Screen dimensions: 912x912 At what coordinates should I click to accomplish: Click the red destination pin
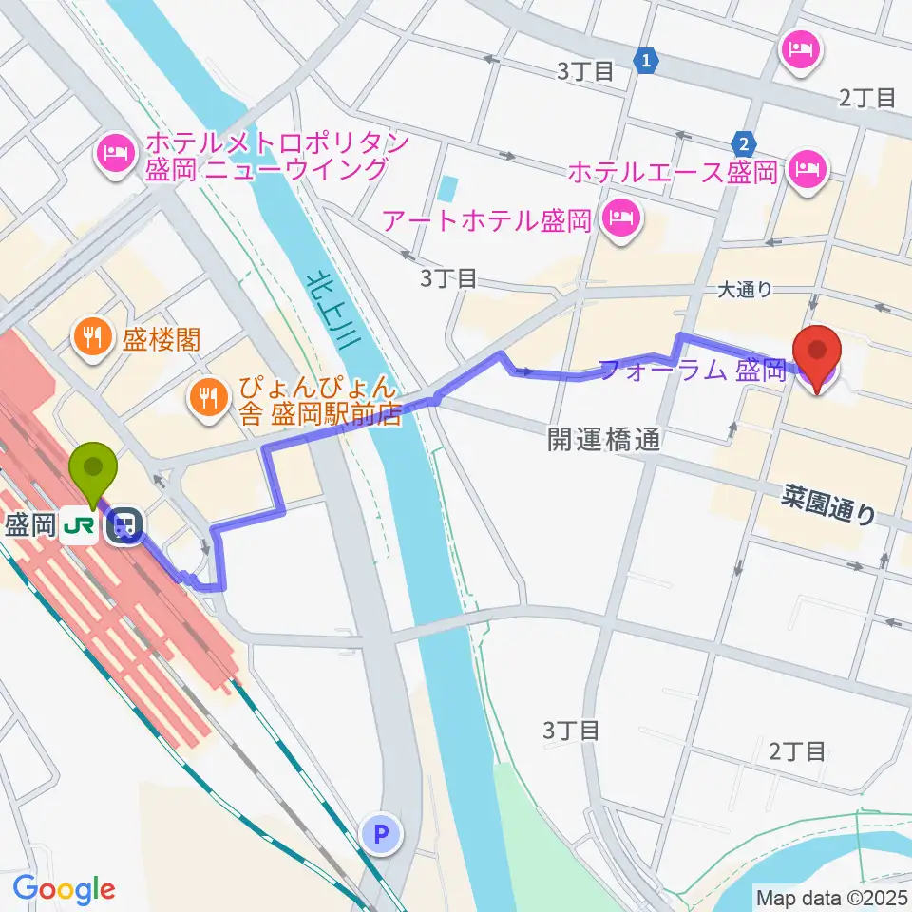pyautogui.click(x=817, y=353)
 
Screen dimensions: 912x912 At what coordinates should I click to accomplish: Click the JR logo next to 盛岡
pyautogui.click(x=81, y=524)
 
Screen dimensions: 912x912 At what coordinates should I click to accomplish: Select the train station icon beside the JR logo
pyautogui.click(x=123, y=524)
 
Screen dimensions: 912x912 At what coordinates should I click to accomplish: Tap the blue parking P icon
pyautogui.click(x=382, y=834)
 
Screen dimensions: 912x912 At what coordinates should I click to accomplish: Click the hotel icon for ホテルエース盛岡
pyautogui.click(x=808, y=171)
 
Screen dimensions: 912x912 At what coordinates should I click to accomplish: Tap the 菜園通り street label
pyautogui.click(x=830, y=504)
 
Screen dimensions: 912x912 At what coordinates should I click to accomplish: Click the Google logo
pyautogui.click(x=64, y=889)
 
